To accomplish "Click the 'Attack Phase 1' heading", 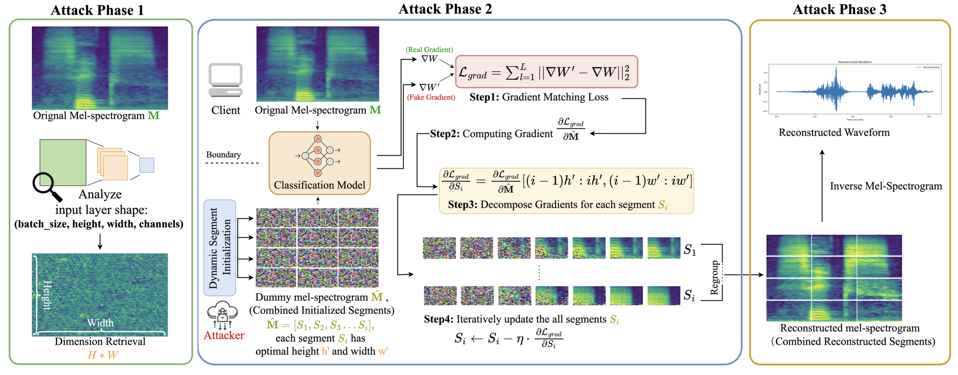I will pyautogui.click(x=97, y=10).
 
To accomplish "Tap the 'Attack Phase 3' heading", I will pyautogui.click(x=839, y=9).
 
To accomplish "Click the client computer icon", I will pyautogui.click(x=225, y=80).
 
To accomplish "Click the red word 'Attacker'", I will pyautogui.click(x=224, y=335).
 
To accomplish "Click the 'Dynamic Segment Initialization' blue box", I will pyautogui.click(x=220, y=248).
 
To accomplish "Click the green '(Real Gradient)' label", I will pyautogui.click(x=429, y=50).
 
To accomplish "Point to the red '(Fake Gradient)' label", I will pyautogui.click(x=431, y=97).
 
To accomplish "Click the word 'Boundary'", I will pyautogui.click(x=223, y=154).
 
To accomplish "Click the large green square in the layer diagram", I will pyautogui.click(x=63, y=162).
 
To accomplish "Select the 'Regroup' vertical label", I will pyautogui.click(x=714, y=278).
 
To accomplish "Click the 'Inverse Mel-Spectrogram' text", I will pyautogui.click(x=886, y=186).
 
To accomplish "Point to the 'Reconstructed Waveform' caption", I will pyautogui.click(x=834, y=132).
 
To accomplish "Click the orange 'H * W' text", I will pyautogui.click(x=103, y=355).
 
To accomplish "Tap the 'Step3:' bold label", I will pyautogui.click(x=462, y=204).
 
